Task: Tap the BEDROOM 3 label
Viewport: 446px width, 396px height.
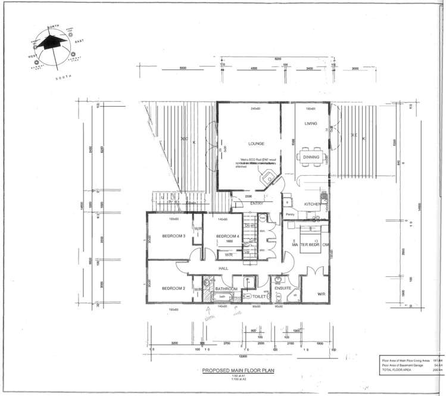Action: pos(174,236)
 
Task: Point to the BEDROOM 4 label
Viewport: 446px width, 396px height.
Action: pos(227,236)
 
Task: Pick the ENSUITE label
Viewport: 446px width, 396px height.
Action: pos(283,288)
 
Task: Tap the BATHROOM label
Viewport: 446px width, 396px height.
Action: pos(227,288)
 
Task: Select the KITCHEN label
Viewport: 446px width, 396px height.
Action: pos(313,204)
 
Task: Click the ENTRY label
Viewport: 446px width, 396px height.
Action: pos(257,204)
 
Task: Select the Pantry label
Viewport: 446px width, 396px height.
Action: pos(291,214)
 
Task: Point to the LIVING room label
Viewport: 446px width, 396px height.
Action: pos(311,124)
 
